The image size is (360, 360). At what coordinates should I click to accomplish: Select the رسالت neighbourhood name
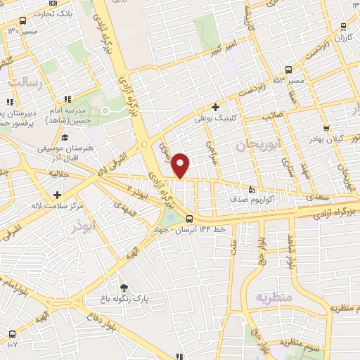[x=25, y=82]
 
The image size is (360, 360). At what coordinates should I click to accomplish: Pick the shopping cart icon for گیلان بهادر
[x=327, y=128]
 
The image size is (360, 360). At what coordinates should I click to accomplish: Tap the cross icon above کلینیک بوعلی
[x=214, y=106]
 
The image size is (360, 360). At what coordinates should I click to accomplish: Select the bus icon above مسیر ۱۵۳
[x=289, y=69]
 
